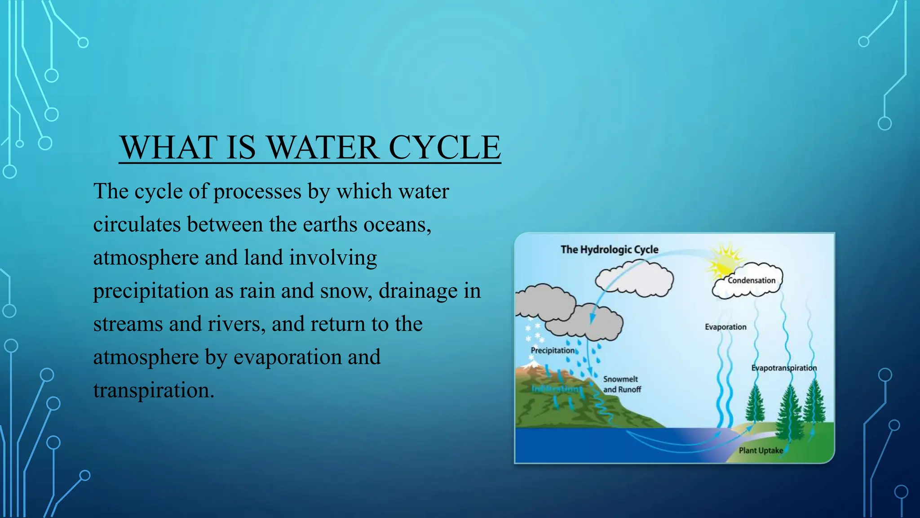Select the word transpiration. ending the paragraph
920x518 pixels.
[x=154, y=390]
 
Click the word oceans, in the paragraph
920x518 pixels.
[x=397, y=224]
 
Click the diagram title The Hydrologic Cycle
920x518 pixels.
[x=609, y=250]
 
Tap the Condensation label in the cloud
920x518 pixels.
[x=751, y=281]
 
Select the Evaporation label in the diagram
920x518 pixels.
[x=725, y=327]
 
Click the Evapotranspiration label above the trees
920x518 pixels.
[x=784, y=368]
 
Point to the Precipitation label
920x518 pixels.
[x=552, y=350]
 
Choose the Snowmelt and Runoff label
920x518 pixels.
[x=622, y=384]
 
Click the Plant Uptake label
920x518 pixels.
[x=761, y=451]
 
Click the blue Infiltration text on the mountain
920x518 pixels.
[x=556, y=389]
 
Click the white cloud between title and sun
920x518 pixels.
[x=634, y=280]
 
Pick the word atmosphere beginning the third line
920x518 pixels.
[x=146, y=258]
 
